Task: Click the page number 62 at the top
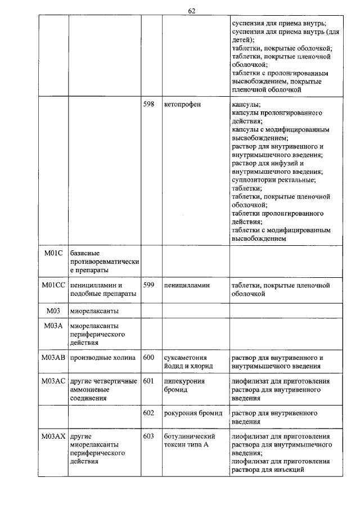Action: [192, 11]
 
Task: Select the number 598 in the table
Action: [148, 105]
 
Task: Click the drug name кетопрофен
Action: [183, 105]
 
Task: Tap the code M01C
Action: [53, 253]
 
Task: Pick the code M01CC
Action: [53, 285]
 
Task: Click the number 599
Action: [148, 285]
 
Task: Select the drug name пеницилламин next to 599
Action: [187, 285]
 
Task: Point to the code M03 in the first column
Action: [53, 310]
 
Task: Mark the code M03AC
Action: [53, 381]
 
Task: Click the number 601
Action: [148, 381]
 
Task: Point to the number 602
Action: [148, 413]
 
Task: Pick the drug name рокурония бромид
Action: [193, 413]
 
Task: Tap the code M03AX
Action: [53, 436]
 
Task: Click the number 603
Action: [148, 436]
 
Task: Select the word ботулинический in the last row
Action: [190, 436]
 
